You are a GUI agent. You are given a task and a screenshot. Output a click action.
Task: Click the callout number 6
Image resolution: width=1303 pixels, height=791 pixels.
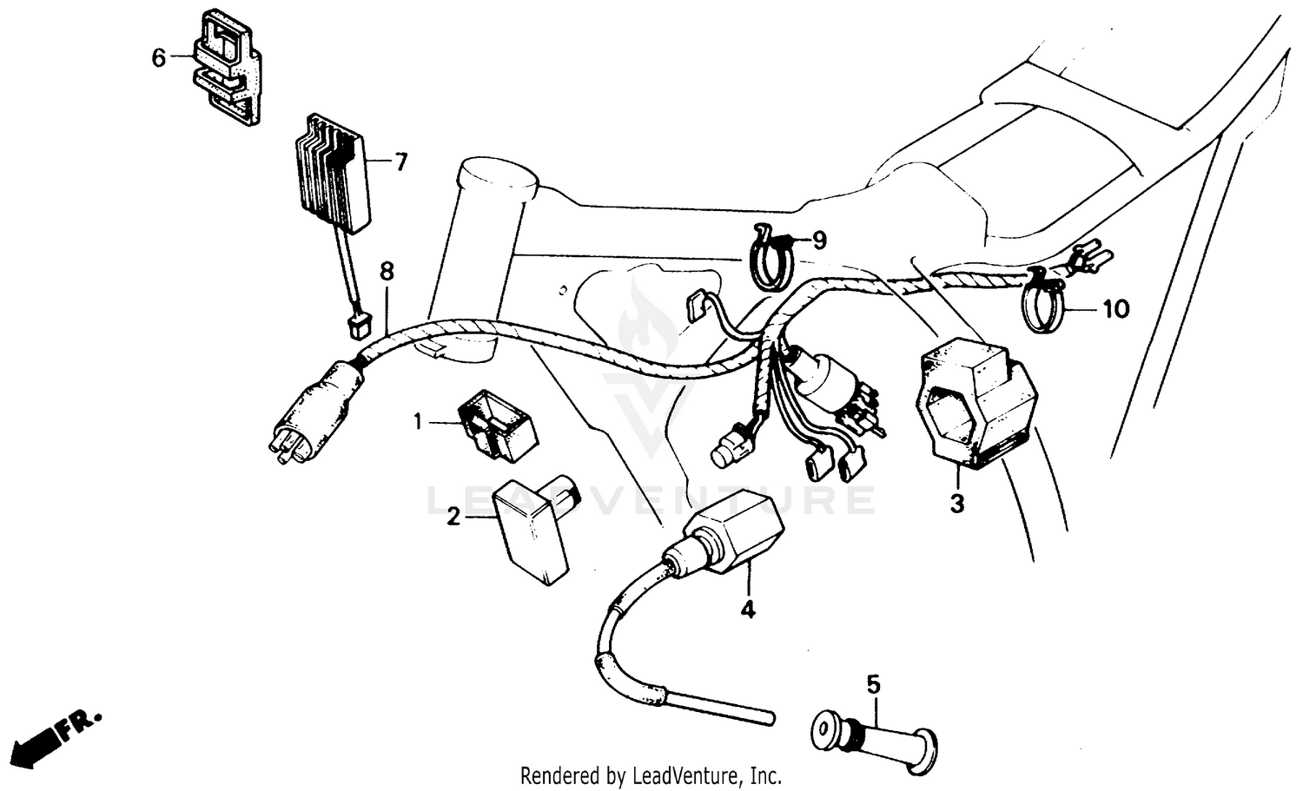click(x=158, y=58)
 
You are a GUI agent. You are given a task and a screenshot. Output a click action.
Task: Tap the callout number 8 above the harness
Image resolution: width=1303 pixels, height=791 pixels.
click(x=387, y=272)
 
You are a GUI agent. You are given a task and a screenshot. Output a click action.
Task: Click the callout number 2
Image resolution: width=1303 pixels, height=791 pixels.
click(x=453, y=517)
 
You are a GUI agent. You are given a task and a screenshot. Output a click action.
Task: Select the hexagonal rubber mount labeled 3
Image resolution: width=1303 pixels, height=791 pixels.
click(x=976, y=404)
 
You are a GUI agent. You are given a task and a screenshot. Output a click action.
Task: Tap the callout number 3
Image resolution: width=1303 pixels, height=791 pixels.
click(x=956, y=504)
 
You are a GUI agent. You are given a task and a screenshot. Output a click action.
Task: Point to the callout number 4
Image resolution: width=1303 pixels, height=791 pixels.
click(x=747, y=610)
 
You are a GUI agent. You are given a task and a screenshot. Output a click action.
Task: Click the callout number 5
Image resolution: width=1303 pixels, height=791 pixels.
click(x=873, y=684)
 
